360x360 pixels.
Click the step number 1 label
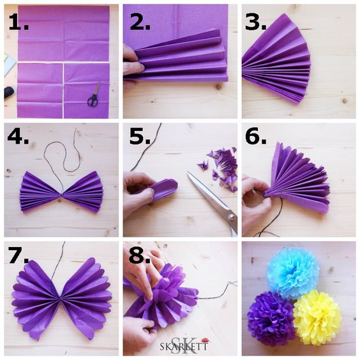tap(19, 22)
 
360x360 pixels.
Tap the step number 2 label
tap(140, 22)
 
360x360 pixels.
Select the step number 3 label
tap(255, 22)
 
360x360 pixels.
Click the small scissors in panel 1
tap(94, 94)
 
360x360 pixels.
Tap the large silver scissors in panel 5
tap(214, 203)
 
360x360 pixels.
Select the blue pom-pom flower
tap(293, 273)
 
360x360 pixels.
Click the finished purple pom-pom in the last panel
tap(271, 319)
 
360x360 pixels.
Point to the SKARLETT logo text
tap(184, 346)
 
